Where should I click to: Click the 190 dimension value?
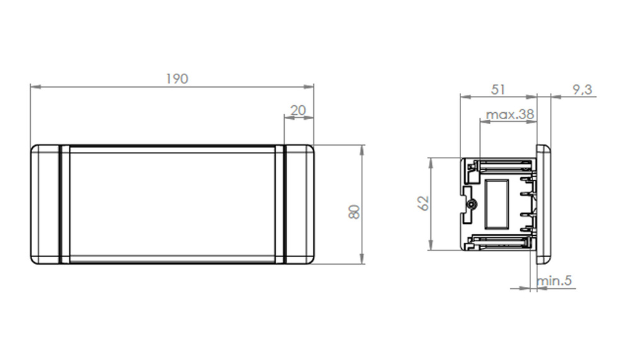(177, 79)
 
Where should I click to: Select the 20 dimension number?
(297, 110)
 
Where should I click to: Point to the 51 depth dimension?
(498, 90)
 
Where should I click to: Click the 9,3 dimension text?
(582, 90)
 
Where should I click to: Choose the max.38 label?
(510, 115)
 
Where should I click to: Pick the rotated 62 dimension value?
(423, 203)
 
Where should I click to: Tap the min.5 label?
(554, 281)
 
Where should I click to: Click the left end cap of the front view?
(45, 204)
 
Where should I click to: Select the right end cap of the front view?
(299, 204)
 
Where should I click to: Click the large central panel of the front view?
(171, 204)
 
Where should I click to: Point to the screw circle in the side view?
(472, 204)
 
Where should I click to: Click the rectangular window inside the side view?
(496, 203)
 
